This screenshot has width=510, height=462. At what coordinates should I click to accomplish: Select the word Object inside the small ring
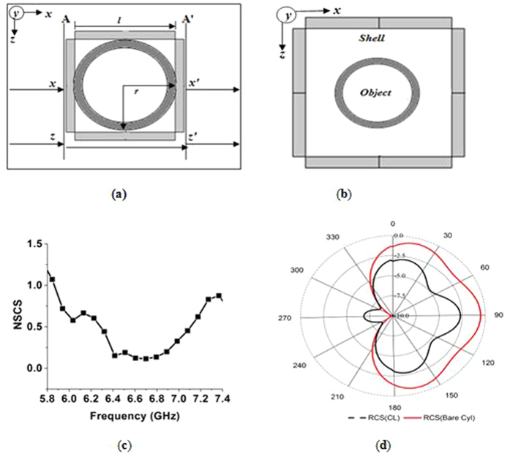376,93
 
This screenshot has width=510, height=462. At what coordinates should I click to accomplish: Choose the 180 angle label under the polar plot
394,407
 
